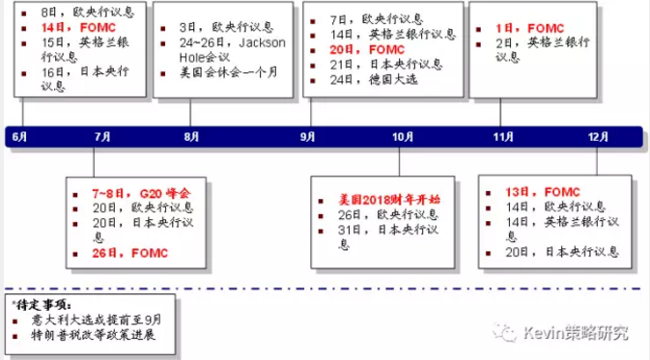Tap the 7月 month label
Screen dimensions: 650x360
pos(102,137)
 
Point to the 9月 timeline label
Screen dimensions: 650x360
pos(307,137)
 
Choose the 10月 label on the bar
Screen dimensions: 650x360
pos(402,137)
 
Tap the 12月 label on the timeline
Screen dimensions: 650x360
pos(597,137)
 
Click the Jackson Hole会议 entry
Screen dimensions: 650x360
pos(228,50)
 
